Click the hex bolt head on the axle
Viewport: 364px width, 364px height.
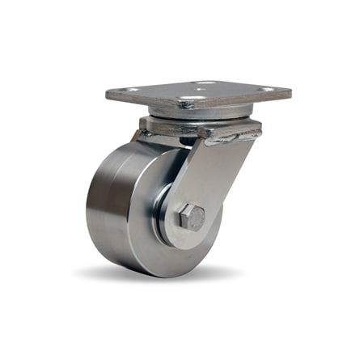(191, 217)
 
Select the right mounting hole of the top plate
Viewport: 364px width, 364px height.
(264, 89)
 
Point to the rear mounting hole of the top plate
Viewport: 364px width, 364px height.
(205, 83)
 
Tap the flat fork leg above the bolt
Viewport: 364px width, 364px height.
(212, 174)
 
